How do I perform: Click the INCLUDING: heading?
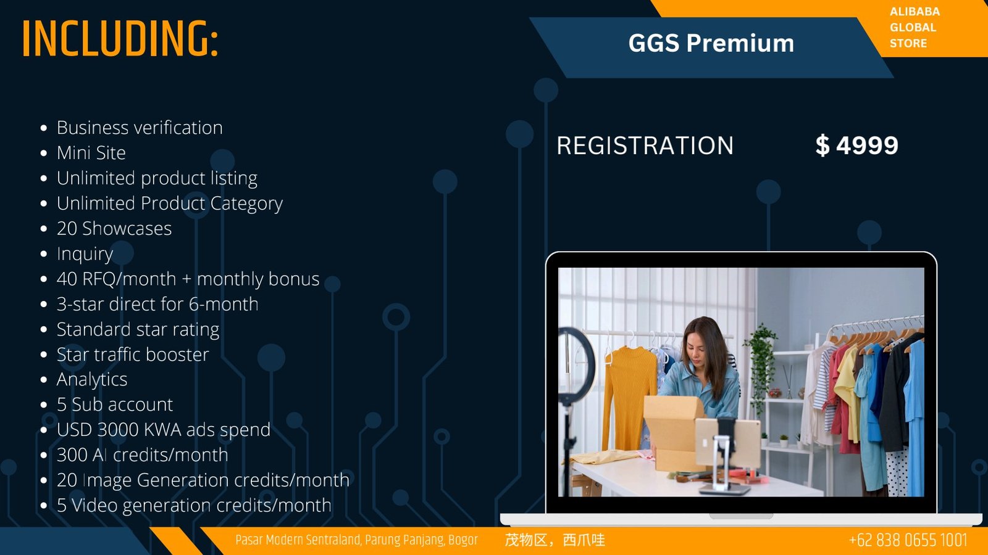click(120, 38)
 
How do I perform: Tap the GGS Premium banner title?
click(711, 43)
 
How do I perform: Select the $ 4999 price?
click(856, 146)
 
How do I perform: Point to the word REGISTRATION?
click(645, 146)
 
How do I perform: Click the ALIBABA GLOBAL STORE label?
click(915, 27)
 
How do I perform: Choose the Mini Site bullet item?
click(91, 153)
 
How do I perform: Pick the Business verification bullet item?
click(140, 128)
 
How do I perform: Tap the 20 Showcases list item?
click(114, 229)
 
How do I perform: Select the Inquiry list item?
click(85, 254)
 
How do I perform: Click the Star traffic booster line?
click(133, 355)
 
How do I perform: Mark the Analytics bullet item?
click(92, 380)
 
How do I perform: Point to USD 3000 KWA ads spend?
click(164, 430)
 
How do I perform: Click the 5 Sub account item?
click(115, 405)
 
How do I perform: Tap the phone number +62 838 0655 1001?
click(908, 540)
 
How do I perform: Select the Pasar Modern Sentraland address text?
click(356, 540)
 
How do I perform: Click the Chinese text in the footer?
click(555, 540)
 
